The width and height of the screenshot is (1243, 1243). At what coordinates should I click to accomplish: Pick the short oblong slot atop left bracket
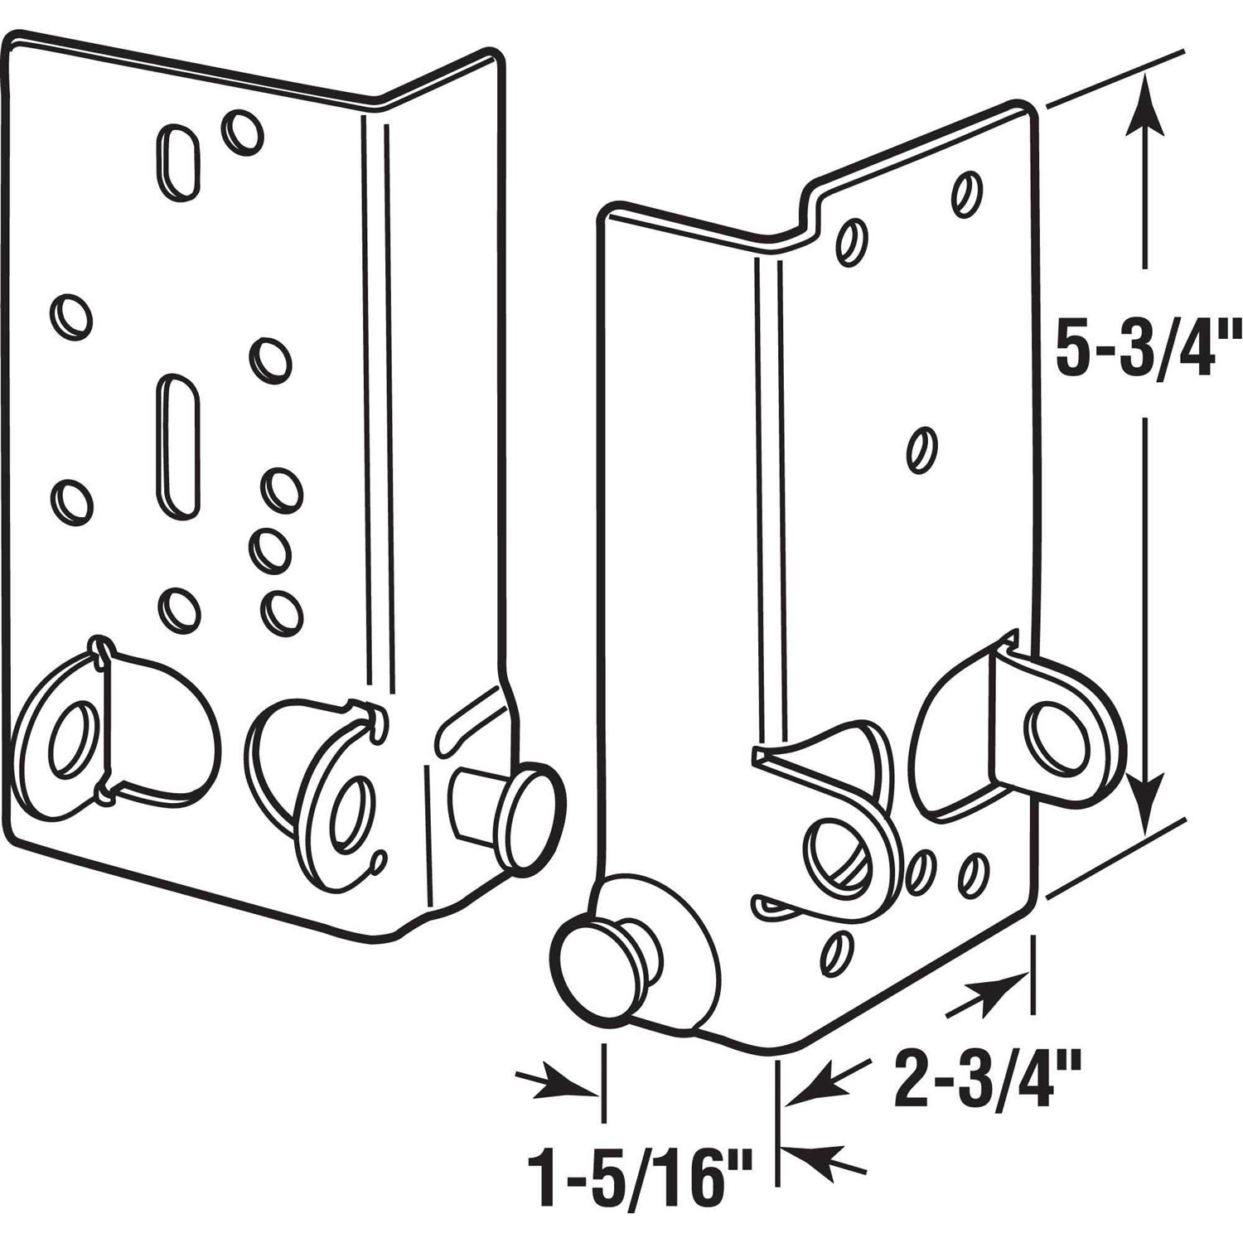tap(178, 162)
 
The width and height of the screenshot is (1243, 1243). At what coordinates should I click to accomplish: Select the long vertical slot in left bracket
tap(178, 446)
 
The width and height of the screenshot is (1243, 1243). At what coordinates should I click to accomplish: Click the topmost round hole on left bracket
tap(242, 131)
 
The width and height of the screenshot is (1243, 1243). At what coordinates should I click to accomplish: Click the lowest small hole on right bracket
tap(837, 953)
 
